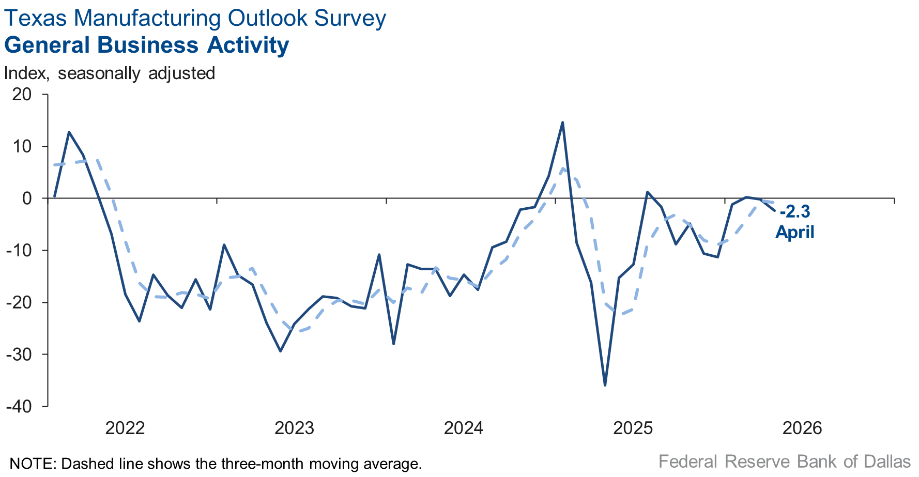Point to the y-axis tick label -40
click(19, 407)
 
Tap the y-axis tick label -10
click(19, 251)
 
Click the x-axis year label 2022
click(125, 428)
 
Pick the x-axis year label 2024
click(464, 428)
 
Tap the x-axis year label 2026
click(802, 428)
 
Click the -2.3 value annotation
click(795, 212)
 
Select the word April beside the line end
click(795, 232)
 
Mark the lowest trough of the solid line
click(605, 385)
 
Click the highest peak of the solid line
click(562, 122)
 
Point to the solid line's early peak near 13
click(69, 132)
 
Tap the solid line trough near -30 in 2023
click(280, 351)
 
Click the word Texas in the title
click(36, 18)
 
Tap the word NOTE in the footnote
click(32, 463)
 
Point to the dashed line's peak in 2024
click(563, 168)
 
